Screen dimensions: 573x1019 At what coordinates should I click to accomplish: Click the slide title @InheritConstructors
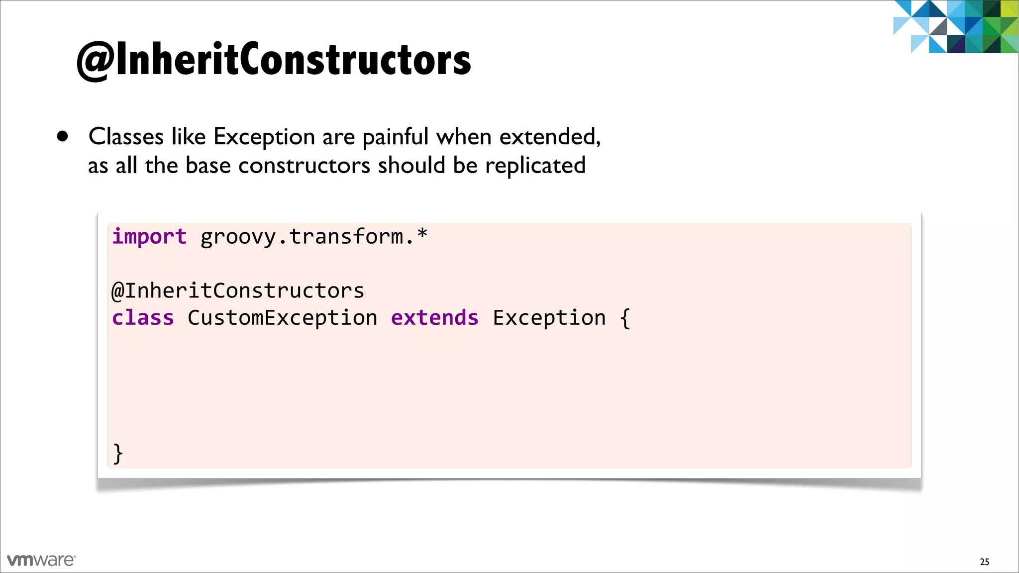click(x=274, y=60)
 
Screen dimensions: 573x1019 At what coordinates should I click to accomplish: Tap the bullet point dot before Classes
click(x=62, y=136)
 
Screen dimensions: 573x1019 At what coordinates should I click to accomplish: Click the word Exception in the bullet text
click(x=264, y=137)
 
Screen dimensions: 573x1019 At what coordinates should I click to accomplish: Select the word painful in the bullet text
click(x=395, y=137)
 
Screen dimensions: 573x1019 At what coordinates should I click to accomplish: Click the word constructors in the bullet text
click(x=304, y=166)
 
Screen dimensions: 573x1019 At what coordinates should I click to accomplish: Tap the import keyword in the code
click(x=149, y=237)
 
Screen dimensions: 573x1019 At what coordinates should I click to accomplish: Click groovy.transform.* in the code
click(x=313, y=237)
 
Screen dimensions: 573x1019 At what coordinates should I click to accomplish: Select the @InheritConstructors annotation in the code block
click(x=238, y=291)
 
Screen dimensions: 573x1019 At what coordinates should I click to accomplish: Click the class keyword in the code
click(x=143, y=318)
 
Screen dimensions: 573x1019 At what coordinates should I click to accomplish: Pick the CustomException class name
click(x=282, y=318)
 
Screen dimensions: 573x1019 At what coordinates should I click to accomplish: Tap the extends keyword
click(x=434, y=318)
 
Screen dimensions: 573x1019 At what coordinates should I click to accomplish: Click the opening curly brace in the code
click(x=625, y=318)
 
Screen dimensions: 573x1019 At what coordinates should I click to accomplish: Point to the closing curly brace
click(x=118, y=453)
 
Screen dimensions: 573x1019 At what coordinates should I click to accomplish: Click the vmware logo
click(x=41, y=560)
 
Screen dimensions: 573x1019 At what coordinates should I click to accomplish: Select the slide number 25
click(x=984, y=562)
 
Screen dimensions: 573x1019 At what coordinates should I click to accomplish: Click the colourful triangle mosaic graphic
click(x=955, y=26)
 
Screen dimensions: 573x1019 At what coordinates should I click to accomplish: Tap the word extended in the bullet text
click(x=549, y=137)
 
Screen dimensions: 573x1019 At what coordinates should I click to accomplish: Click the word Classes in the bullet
click(x=126, y=137)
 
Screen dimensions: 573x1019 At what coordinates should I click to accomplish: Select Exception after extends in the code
click(x=549, y=318)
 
